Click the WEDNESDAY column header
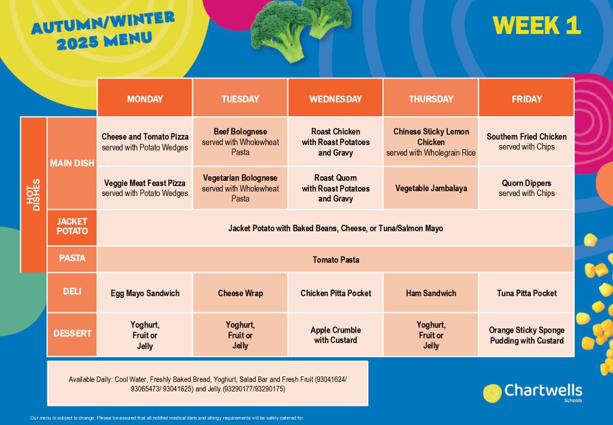335,98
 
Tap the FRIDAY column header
526,98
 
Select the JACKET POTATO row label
72,227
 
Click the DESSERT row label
72,334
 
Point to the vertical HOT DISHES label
34,194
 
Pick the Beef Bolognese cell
240,141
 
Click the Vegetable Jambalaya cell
431,188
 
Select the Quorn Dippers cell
526,188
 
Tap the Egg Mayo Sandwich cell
145,293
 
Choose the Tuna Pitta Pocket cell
526,293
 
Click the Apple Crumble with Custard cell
335,334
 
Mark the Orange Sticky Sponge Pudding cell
526,334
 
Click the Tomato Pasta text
336,260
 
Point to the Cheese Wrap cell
240,293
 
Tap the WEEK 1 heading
537,25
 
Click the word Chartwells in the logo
543,390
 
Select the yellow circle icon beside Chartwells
492,393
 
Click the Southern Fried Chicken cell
526,141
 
